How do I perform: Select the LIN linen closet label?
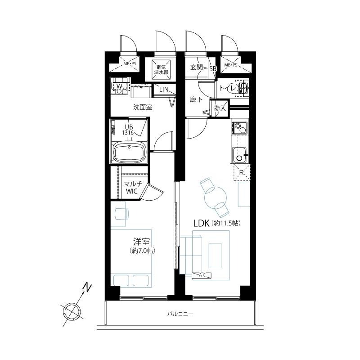pos(164,90)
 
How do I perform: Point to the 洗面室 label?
pos(143,107)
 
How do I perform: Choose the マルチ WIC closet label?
pos(132,187)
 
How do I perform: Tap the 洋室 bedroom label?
pos(142,242)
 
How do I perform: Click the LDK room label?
pos(201,223)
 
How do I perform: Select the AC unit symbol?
pos(202,275)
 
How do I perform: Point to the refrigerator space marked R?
pos(242,173)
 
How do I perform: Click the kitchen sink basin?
pos(239,155)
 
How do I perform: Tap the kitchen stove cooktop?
pos(239,128)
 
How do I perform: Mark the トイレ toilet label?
pos(228,88)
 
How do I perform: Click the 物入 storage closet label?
pos(220,108)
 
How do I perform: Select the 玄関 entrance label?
pos(196,67)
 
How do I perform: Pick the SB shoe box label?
pos(213,68)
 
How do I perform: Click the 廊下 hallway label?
pos(196,99)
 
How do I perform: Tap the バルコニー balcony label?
pos(180,314)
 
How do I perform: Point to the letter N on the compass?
pos(87,288)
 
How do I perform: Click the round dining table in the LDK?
pos(216,198)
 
